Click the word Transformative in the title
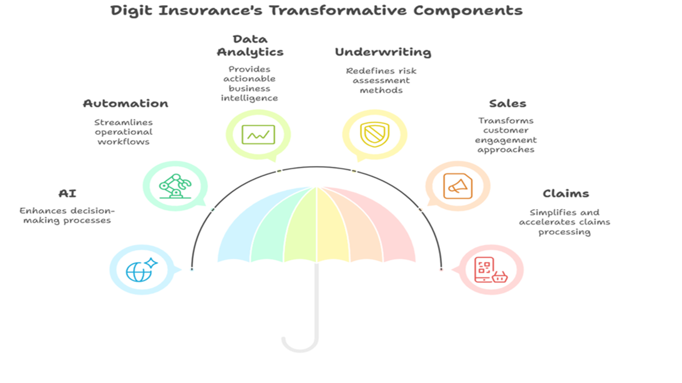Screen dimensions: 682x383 point(338,11)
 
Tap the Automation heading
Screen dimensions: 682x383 point(125,103)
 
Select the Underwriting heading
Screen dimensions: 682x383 point(383,52)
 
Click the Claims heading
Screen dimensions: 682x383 point(566,194)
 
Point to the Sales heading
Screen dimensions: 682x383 point(508,103)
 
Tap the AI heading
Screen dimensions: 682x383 point(67,194)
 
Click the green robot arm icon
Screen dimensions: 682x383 point(175,186)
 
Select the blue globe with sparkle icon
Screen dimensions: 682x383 point(142,270)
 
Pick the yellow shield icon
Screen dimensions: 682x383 point(375,134)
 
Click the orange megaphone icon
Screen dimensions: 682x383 point(458,186)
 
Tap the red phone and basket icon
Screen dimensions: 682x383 point(491,270)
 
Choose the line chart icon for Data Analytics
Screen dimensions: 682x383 point(258,135)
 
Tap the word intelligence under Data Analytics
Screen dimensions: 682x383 point(249,98)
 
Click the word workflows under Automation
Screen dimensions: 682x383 point(124,142)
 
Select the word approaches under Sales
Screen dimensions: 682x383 point(506,150)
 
